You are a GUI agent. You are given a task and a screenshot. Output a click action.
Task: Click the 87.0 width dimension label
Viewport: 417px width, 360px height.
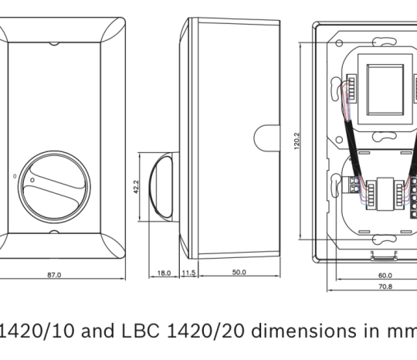tap(54, 275)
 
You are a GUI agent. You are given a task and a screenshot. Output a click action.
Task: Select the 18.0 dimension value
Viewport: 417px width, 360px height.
tap(164, 273)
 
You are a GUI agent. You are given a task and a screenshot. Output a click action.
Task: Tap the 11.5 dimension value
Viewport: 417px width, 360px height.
tap(188, 273)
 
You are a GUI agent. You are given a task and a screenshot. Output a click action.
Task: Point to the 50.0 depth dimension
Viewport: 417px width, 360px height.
tap(239, 273)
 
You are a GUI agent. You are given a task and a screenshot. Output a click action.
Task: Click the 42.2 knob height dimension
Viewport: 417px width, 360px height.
tap(136, 187)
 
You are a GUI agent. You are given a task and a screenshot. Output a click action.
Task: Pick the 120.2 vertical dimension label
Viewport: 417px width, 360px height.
tap(297, 141)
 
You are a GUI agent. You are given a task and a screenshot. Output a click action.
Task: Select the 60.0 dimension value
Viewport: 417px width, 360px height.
tap(385, 275)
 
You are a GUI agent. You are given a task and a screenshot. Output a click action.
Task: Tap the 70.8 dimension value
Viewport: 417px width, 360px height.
tap(385, 287)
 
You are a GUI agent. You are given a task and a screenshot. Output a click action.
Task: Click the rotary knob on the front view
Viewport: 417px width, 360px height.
tap(54, 187)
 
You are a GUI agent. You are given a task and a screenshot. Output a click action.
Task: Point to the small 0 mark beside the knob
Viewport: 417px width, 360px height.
tap(15, 176)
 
